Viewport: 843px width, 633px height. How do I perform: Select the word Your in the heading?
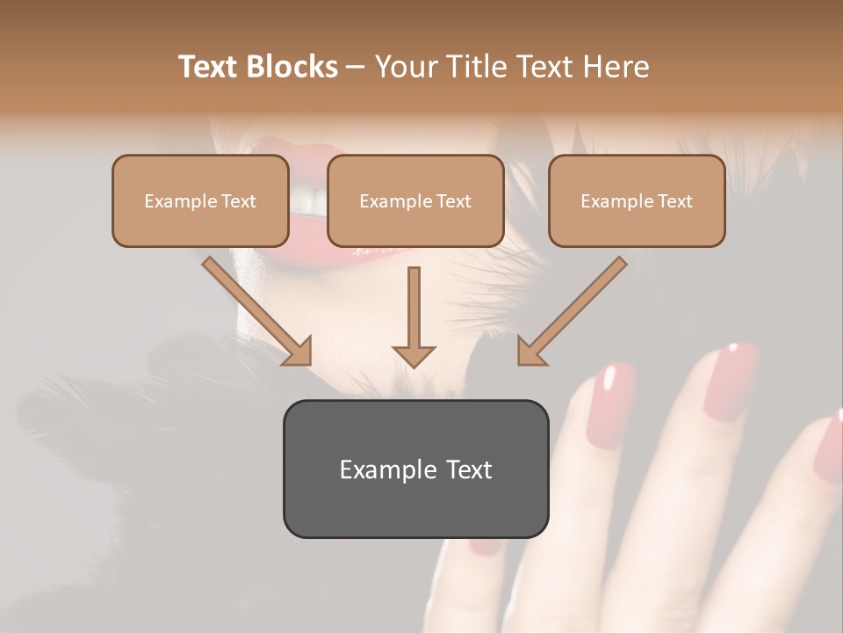point(407,67)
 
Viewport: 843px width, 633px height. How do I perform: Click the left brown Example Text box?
point(200,200)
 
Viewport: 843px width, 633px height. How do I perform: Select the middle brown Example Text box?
point(415,200)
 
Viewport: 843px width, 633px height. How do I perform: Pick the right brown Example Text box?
point(637,200)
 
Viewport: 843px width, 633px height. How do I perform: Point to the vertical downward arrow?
point(414,316)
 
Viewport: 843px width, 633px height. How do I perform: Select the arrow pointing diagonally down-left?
point(571,311)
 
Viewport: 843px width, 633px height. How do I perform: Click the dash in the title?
point(356,67)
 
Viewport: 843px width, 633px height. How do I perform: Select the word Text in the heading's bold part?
point(208,67)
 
